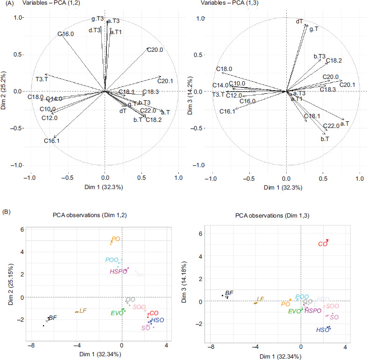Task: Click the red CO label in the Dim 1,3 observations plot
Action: pos(323,244)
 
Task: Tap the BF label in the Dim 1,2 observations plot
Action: pos(53,318)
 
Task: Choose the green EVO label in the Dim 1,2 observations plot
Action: pos(117,313)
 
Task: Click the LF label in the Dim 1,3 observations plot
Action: pos(261,299)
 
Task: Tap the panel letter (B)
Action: pos(8,212)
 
